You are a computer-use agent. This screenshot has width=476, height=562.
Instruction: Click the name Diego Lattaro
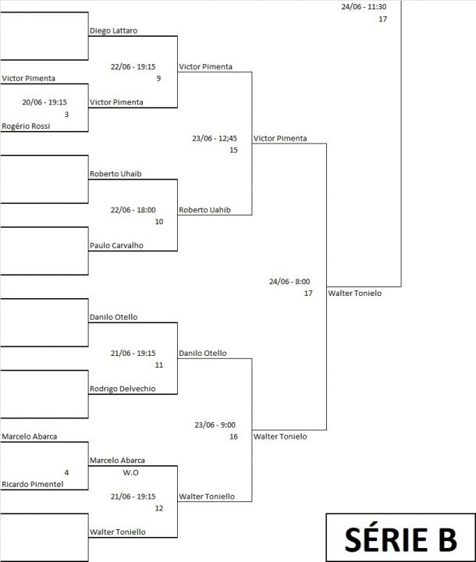pyautogui.click(x=113, y=30)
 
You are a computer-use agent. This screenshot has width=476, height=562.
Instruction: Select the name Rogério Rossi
pyautogui.click(x=26, y=126)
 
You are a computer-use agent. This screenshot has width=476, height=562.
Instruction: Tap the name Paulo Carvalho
pyautogui.click(x=116, y=246)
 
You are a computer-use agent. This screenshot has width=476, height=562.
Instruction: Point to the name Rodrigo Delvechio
pyautogui.click(x=123, y=389)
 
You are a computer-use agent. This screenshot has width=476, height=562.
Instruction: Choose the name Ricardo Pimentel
pyautogui.click(x=32, y=484)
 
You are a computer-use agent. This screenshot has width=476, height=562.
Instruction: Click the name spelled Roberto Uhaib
pyautogui.click(x=115, y=174)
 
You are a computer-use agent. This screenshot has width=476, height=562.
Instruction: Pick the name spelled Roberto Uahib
pyautogui.click(x=204, y=210)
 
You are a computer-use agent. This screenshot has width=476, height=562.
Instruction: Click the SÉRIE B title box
pyautogui.click(x=401, y=537)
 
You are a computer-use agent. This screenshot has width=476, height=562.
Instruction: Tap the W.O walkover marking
pyautogui.click(x=130, y=472)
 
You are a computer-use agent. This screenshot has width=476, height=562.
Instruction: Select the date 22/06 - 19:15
pyautogui.click(x=133, y=66)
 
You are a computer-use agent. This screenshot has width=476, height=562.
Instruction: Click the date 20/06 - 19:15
pyautogui.click(x=44, y=102)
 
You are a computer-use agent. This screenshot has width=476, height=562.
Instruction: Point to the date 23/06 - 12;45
pyautogui.click(x=215, y=138)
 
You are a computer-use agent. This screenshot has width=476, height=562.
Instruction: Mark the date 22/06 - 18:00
pyautogui.click(x=133, y=210)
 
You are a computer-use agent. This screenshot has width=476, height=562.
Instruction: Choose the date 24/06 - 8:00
pyautogui.click(x=290, y=282)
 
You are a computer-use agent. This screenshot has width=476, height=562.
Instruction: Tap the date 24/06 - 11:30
pyautogui.click(x=364, y=7)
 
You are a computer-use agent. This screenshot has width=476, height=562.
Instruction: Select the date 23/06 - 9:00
pyautogui.click(x=215, y=425)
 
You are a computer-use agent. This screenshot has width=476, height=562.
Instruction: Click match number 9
pyautogui.click(x=158, y=79)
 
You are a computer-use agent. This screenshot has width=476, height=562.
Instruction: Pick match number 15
pyautogui.click(x=233, y=150)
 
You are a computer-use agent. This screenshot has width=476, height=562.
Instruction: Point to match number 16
pyautogui.click(x=233, y=436)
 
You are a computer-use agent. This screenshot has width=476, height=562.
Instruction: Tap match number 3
pyautogui.click(x=66, y=114)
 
